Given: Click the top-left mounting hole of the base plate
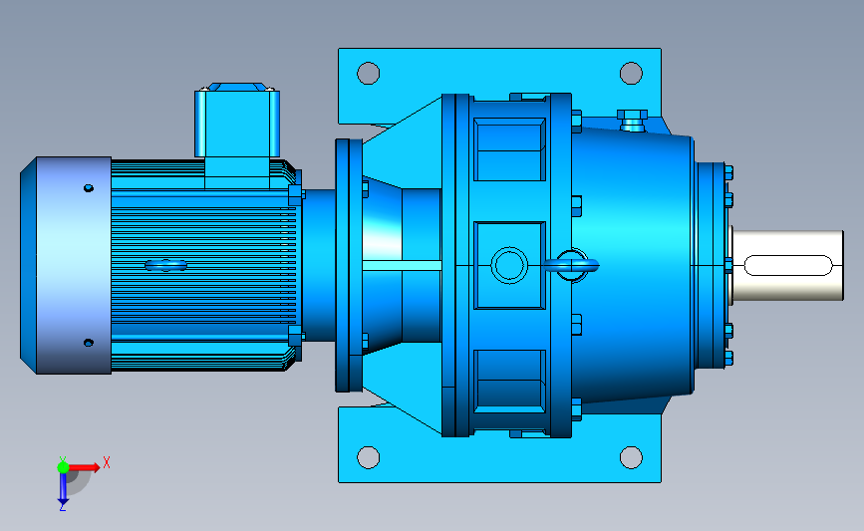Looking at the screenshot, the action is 368,74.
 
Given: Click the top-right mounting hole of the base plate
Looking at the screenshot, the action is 631,74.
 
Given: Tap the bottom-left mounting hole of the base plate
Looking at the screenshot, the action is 368,457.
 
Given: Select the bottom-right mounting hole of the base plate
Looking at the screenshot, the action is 631,457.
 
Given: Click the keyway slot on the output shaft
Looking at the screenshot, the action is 788,265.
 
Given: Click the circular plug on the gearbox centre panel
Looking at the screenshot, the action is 509,265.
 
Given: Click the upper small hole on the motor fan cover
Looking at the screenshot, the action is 88,188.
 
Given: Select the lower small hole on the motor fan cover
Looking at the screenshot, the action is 88,343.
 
